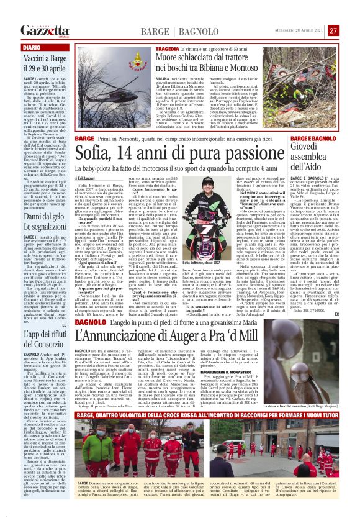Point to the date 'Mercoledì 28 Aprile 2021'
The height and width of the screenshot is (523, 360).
tap(303, 30)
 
